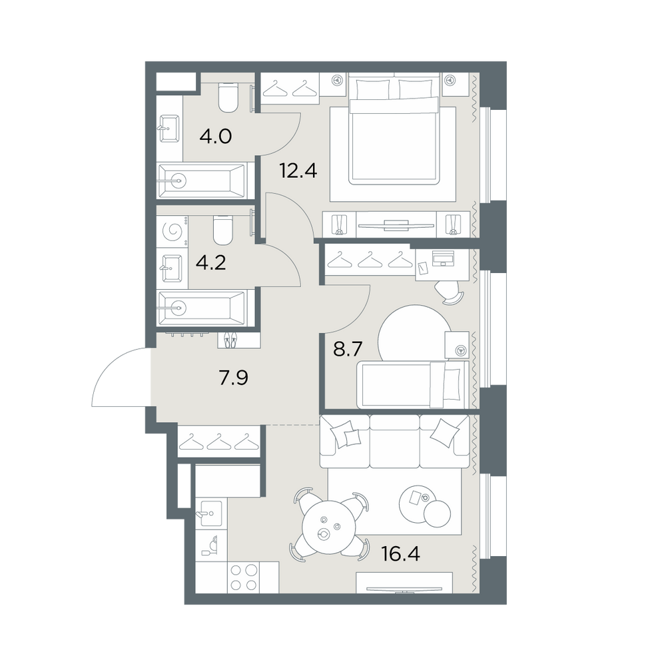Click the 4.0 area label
click(x=215, y=137)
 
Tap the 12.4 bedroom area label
click(x=298, y=170)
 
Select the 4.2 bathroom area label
click(x=210, y=263)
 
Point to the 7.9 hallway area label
click(x=234, y=377)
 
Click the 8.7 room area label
click(x=348, y=350)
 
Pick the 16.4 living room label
click(x=400, y=554)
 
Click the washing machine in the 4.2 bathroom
click(x=172, y=231)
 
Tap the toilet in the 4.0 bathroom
click(x=228, y=97)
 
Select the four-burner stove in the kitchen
click(x=244, y=577)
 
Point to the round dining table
click(x=328, y=527)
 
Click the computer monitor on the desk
click(x=443, y=258)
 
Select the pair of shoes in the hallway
click(x=229, y=340)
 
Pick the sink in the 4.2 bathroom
click(x=172, y=268)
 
